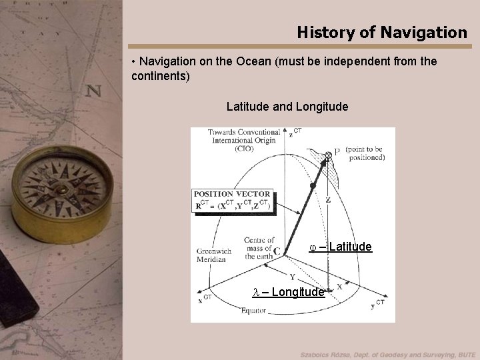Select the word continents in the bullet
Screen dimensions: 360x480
pyautogui.click(x=161, y=76)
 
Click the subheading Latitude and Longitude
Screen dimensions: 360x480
pyautogui.click(x=287, y=106)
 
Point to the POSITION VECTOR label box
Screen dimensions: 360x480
pyautogui.click(x=233, y=199)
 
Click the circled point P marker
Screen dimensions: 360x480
pyautogui.click(x=328, y=155)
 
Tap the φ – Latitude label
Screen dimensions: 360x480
pyautogui.click(x=340, y=247)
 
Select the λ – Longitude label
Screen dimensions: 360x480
pyautogui.click(x=289, y=292)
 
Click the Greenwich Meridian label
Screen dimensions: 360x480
pyautogui.click(x=214, y=255)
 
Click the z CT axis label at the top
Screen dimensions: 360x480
pyautogui.click(x=294, y=133)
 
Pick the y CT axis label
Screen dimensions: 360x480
pyautogui.click(x=377, y=304)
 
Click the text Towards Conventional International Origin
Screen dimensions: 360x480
pyautogui.click(x=243, y=140)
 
